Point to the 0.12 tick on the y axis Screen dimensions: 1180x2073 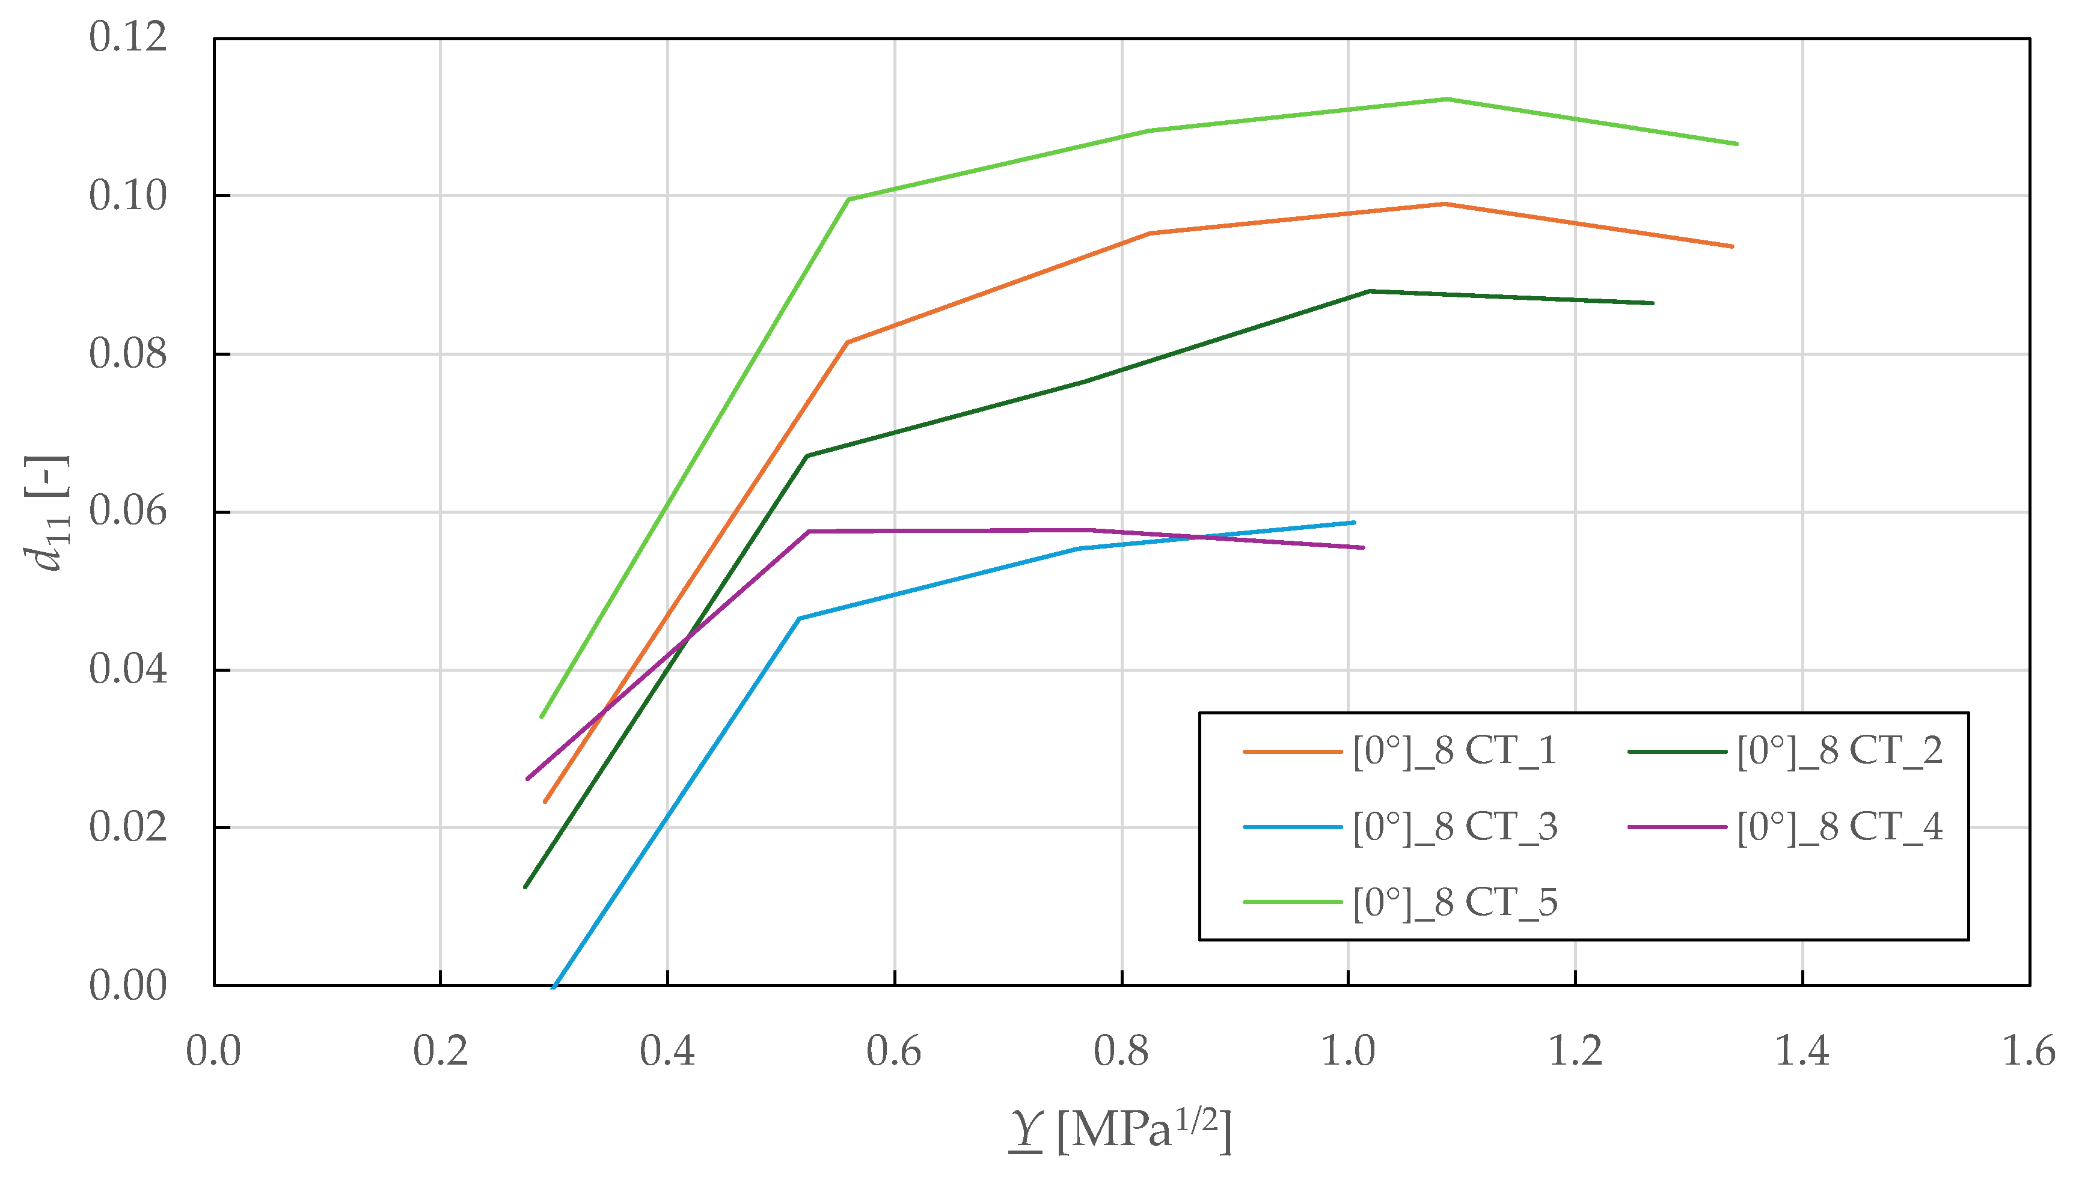tap(128, 37)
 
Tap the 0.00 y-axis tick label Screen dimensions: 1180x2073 tap(128, 985)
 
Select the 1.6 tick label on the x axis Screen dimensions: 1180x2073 tap(2029, 1052)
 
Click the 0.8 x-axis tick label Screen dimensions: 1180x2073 tap(1121, 1052)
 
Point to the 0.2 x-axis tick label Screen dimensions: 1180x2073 tap(440, 1052)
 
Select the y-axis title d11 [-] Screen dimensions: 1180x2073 tap(47, 512)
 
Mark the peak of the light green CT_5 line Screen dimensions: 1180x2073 tap(1447, 100)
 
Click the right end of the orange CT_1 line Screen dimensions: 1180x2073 tap(1732, 246)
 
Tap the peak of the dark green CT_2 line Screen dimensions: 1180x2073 tap(1370, 291)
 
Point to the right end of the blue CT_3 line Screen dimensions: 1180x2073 tap(1354, 523)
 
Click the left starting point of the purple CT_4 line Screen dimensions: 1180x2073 tap(528, 779)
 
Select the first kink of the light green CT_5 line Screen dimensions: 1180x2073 tap(848, 199)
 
